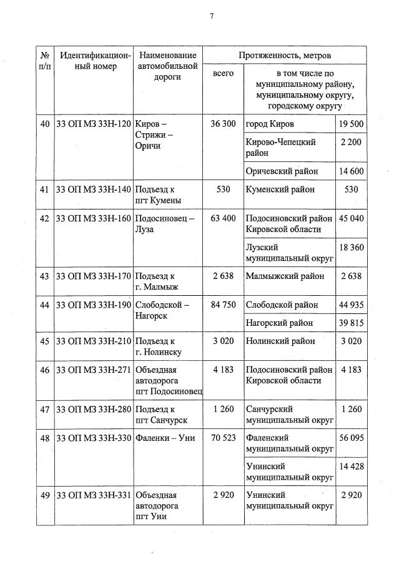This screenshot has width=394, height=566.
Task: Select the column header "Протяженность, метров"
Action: (x=285, y=56)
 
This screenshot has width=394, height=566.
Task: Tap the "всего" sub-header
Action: (x=223, y=74)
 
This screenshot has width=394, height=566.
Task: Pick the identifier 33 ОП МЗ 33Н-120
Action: (x=94, y=124)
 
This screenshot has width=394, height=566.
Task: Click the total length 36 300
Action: (x=223, y=124)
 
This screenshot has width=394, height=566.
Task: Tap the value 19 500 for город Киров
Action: (x=351, y=124)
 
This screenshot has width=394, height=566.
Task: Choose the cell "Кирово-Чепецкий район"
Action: (x=280, y=147)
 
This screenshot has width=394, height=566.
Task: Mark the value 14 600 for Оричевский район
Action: (x=351, y=171)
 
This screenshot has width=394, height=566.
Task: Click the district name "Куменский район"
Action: (x=280, y=189)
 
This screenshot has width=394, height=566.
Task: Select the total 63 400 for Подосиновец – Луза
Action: (x=223, y=218)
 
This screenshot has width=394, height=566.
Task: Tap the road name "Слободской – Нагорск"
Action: (x=162, y=310)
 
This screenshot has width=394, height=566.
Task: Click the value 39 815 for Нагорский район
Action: (x=351, y=323)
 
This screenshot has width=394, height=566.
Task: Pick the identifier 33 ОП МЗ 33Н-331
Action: (x=94, y=495)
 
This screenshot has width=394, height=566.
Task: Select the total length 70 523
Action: (x=223, y=438)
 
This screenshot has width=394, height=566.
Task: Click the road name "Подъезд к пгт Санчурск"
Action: (x=161, y=415)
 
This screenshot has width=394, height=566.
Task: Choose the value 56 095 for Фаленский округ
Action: (x=351, y=438)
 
